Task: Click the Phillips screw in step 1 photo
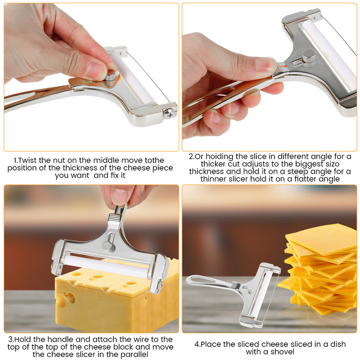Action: [x=169, y=112]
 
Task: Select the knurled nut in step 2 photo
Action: [x=309, y=58]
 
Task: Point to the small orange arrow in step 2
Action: [x=283, y=66]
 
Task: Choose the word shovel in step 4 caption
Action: [x=282, y=351]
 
